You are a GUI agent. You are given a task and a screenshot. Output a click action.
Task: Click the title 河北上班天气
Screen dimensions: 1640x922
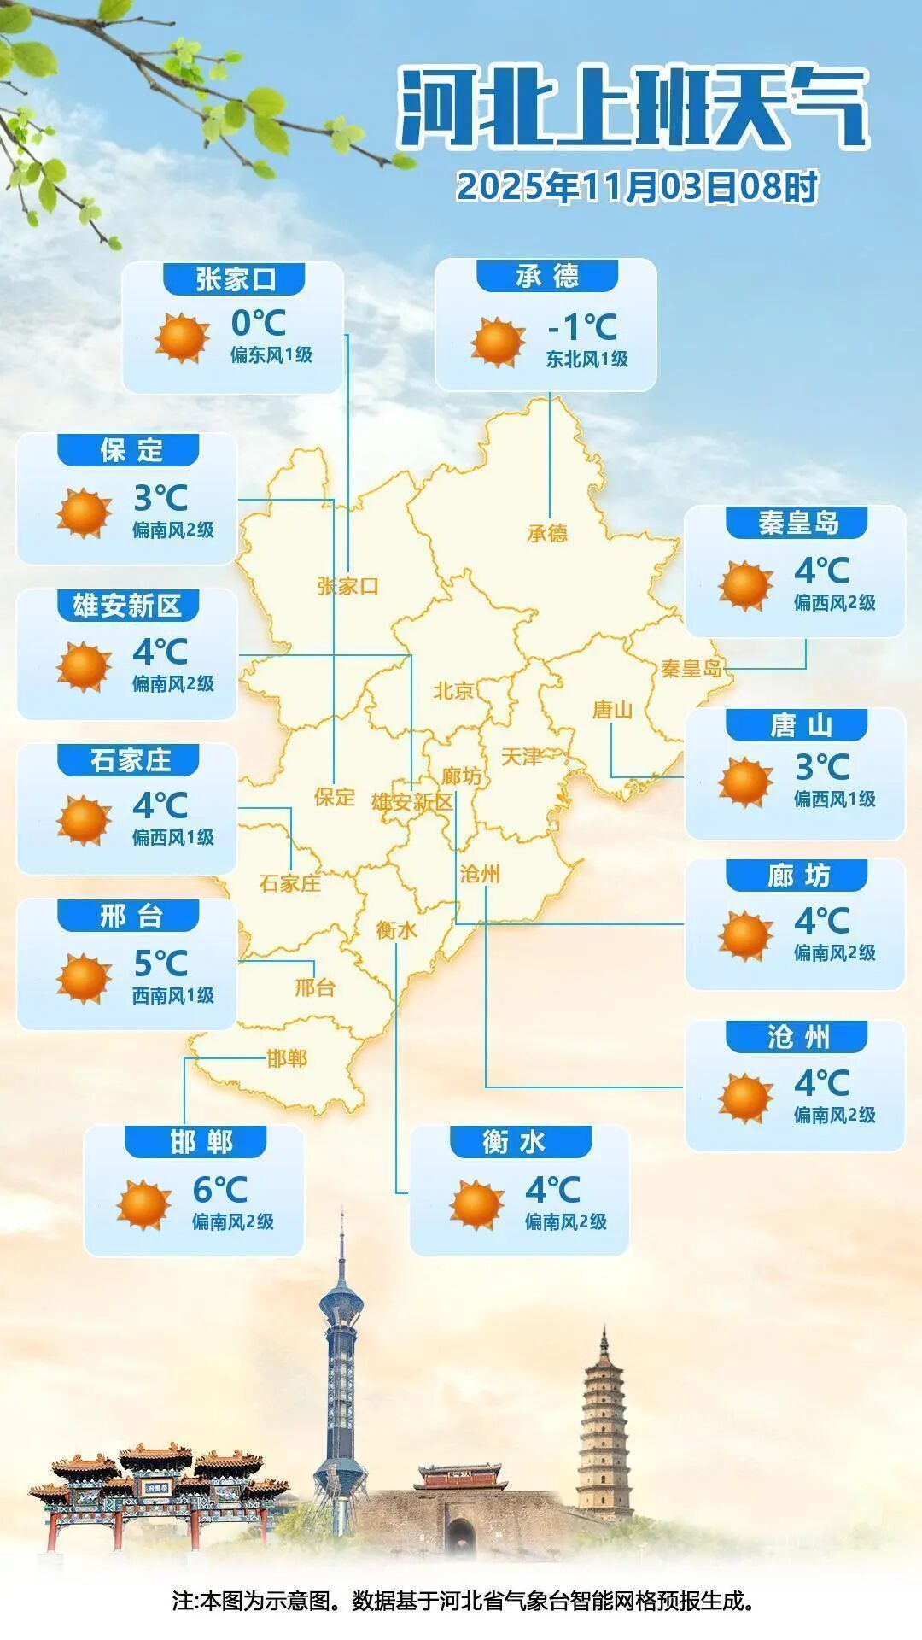(633, 109)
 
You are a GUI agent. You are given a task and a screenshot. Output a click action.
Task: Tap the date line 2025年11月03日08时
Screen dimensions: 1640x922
(637, 187)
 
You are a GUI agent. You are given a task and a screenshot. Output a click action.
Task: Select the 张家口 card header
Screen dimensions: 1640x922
(236, 278)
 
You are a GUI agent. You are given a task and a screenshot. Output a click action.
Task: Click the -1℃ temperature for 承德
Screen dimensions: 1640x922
(581, 326)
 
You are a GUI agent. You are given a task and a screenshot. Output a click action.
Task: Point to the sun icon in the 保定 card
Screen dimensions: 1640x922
(84, 513)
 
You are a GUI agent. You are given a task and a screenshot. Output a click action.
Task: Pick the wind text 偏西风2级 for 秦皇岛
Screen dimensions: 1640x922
(834, 602)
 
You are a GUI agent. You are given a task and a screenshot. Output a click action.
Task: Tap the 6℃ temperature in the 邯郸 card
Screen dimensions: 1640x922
(219, 1189)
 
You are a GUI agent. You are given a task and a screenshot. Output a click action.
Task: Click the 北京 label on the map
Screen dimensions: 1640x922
(453, 690)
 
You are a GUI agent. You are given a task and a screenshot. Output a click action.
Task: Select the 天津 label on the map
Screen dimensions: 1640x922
(521, 757)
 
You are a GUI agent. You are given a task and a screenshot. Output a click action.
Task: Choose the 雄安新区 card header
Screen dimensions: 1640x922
(127, 606)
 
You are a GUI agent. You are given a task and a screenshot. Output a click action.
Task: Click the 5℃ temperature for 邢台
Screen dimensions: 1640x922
(160, 963)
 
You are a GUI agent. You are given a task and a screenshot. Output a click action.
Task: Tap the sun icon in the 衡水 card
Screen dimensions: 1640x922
(476, 1204)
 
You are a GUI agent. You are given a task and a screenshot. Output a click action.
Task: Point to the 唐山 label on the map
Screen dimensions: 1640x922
(613, 709)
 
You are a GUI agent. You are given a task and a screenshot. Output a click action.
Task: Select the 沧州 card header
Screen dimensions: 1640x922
(797, 1037)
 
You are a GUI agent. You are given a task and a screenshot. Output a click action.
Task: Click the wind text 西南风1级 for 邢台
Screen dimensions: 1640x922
(172, 995)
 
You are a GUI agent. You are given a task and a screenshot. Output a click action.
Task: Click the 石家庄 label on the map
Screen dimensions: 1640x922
(290, 883)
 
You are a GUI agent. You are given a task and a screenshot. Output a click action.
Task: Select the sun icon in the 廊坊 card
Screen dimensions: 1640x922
(745, 936)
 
